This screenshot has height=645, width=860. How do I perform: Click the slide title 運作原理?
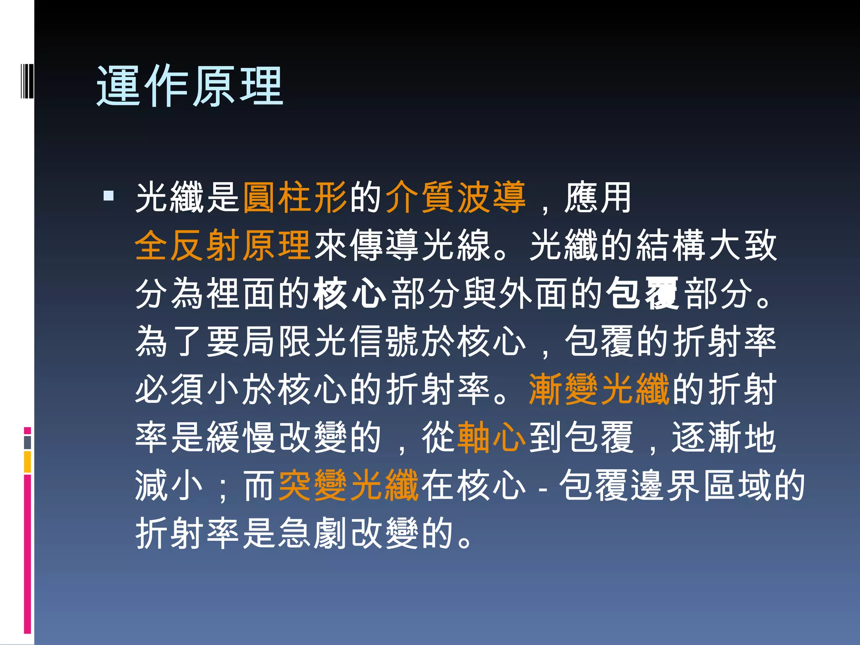coord(190,86)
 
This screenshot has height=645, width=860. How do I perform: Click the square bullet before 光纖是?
coord(108,196)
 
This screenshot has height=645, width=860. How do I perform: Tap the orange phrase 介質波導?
coord(455,197)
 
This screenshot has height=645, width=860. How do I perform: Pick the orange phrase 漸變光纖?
coord(599,390)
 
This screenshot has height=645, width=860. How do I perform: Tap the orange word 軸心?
coord(491,438)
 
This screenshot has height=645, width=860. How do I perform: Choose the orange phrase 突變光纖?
coord(349,485)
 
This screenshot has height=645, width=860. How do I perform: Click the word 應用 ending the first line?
coord(598,197)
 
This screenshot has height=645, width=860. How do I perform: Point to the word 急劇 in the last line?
coord(313,533)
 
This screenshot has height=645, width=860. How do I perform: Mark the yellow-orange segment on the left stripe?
coord(27,461)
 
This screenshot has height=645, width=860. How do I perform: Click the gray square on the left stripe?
coord(27,442)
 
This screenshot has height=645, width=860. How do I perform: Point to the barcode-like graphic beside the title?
coord(27,79)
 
